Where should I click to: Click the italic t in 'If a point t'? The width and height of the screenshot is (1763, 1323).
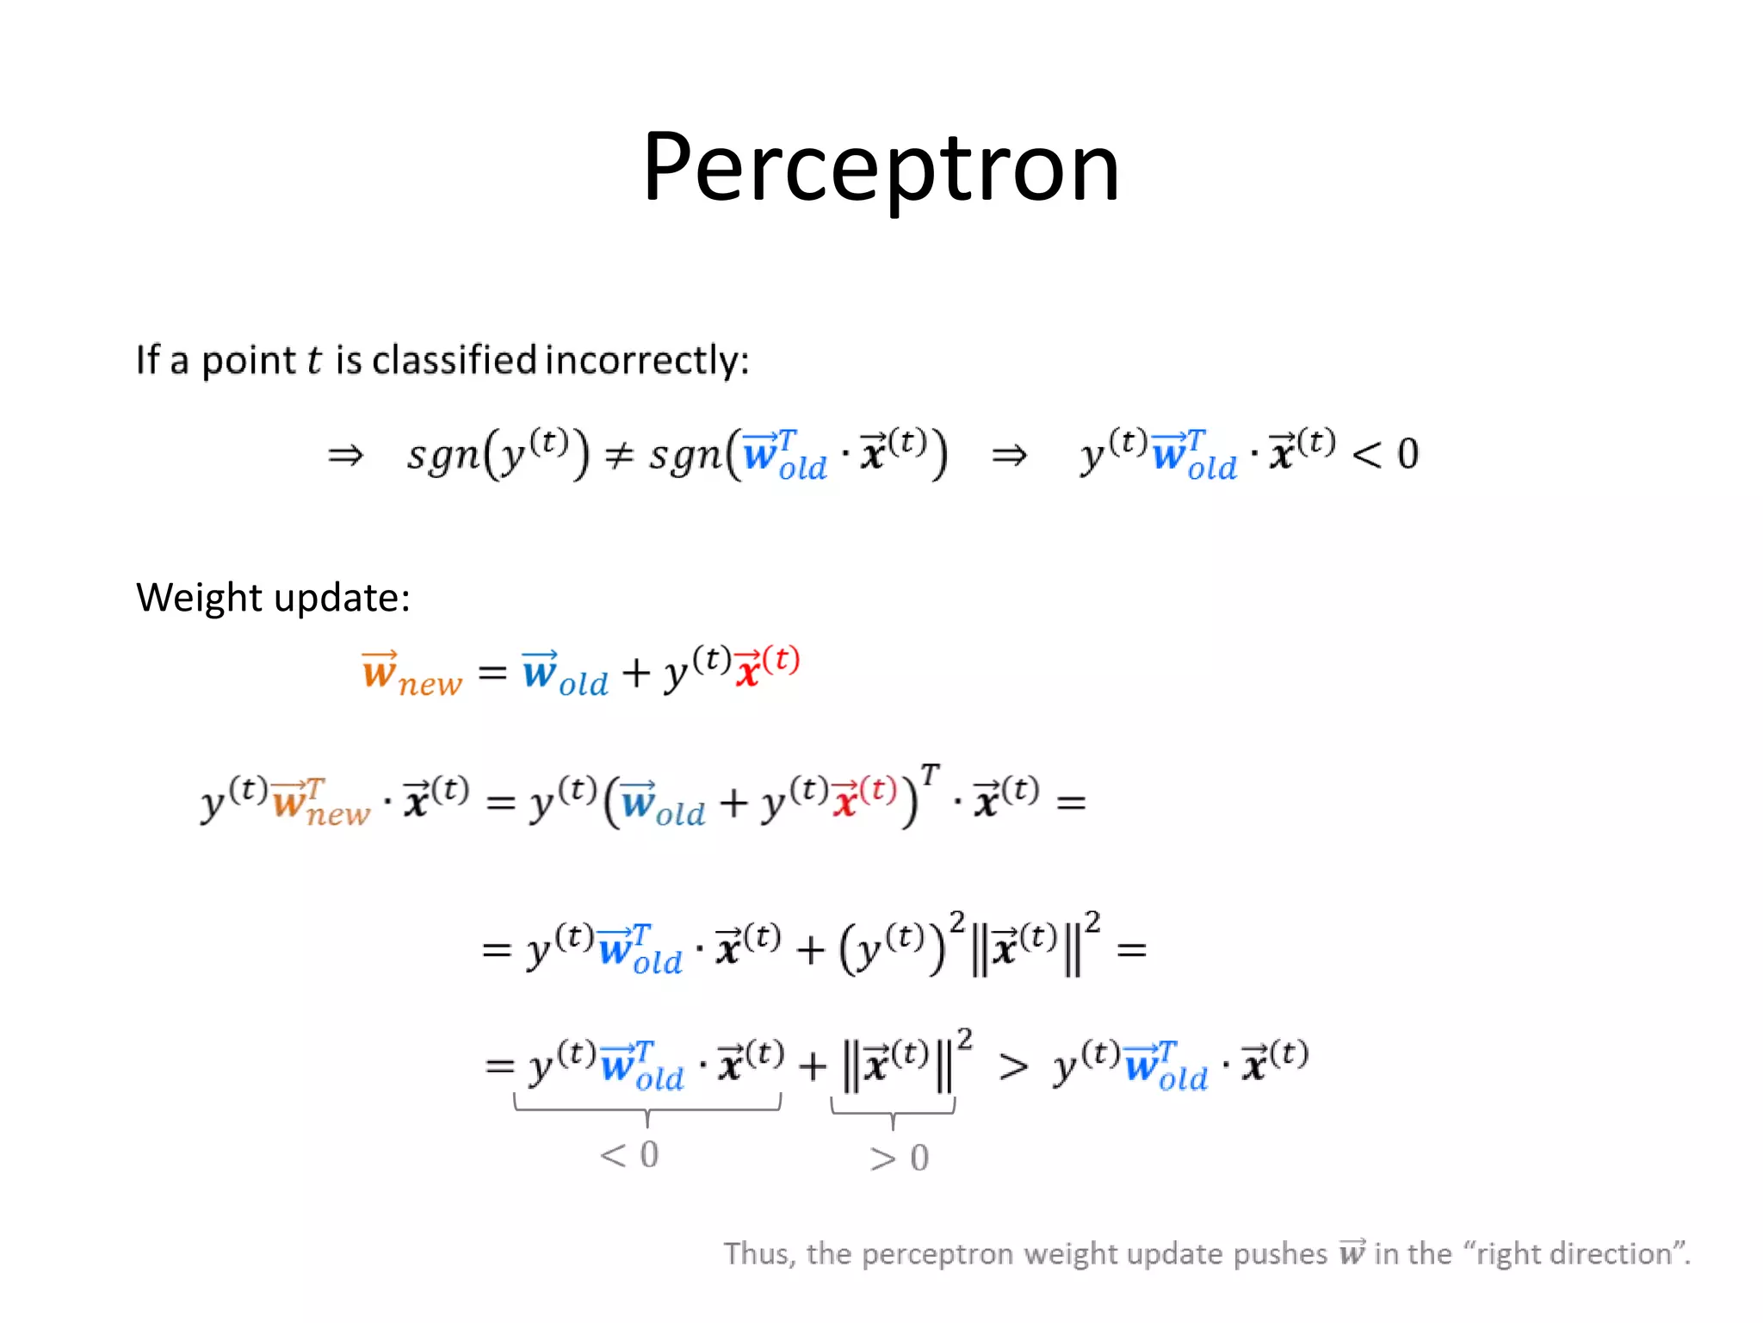point(314,360)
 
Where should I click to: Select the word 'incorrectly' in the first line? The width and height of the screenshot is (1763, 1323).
point(646,360)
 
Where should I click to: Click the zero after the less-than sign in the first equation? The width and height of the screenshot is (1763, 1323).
point(1407,454)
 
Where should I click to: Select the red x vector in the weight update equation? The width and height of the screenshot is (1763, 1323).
point(748,668)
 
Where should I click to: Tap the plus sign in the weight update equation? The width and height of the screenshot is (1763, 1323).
point(635,673)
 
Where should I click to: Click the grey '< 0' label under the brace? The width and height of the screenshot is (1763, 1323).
point(629,1154)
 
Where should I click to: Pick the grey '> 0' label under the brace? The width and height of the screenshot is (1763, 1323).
point(899,1158)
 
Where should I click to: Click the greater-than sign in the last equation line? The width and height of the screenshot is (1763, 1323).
point(1013,1067)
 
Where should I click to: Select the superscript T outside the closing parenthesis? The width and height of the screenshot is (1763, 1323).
point(930,774)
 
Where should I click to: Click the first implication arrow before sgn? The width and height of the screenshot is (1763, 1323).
point(346,454)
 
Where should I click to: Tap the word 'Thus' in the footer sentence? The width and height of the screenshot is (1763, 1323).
point(757,1253)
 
